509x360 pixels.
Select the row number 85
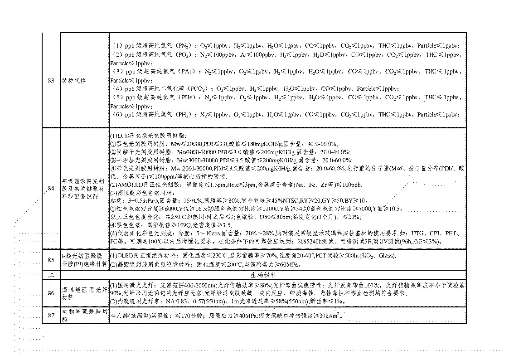[51, 260]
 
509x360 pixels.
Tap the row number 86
[51, 293]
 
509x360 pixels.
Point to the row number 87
[51, 316]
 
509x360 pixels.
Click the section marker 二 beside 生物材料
[51, 275]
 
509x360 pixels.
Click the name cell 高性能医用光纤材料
[84, 293]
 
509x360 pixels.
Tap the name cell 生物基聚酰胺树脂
[84, 316]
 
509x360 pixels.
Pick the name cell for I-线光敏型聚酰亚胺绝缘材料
[84, 260]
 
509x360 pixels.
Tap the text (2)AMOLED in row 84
[125, 185]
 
